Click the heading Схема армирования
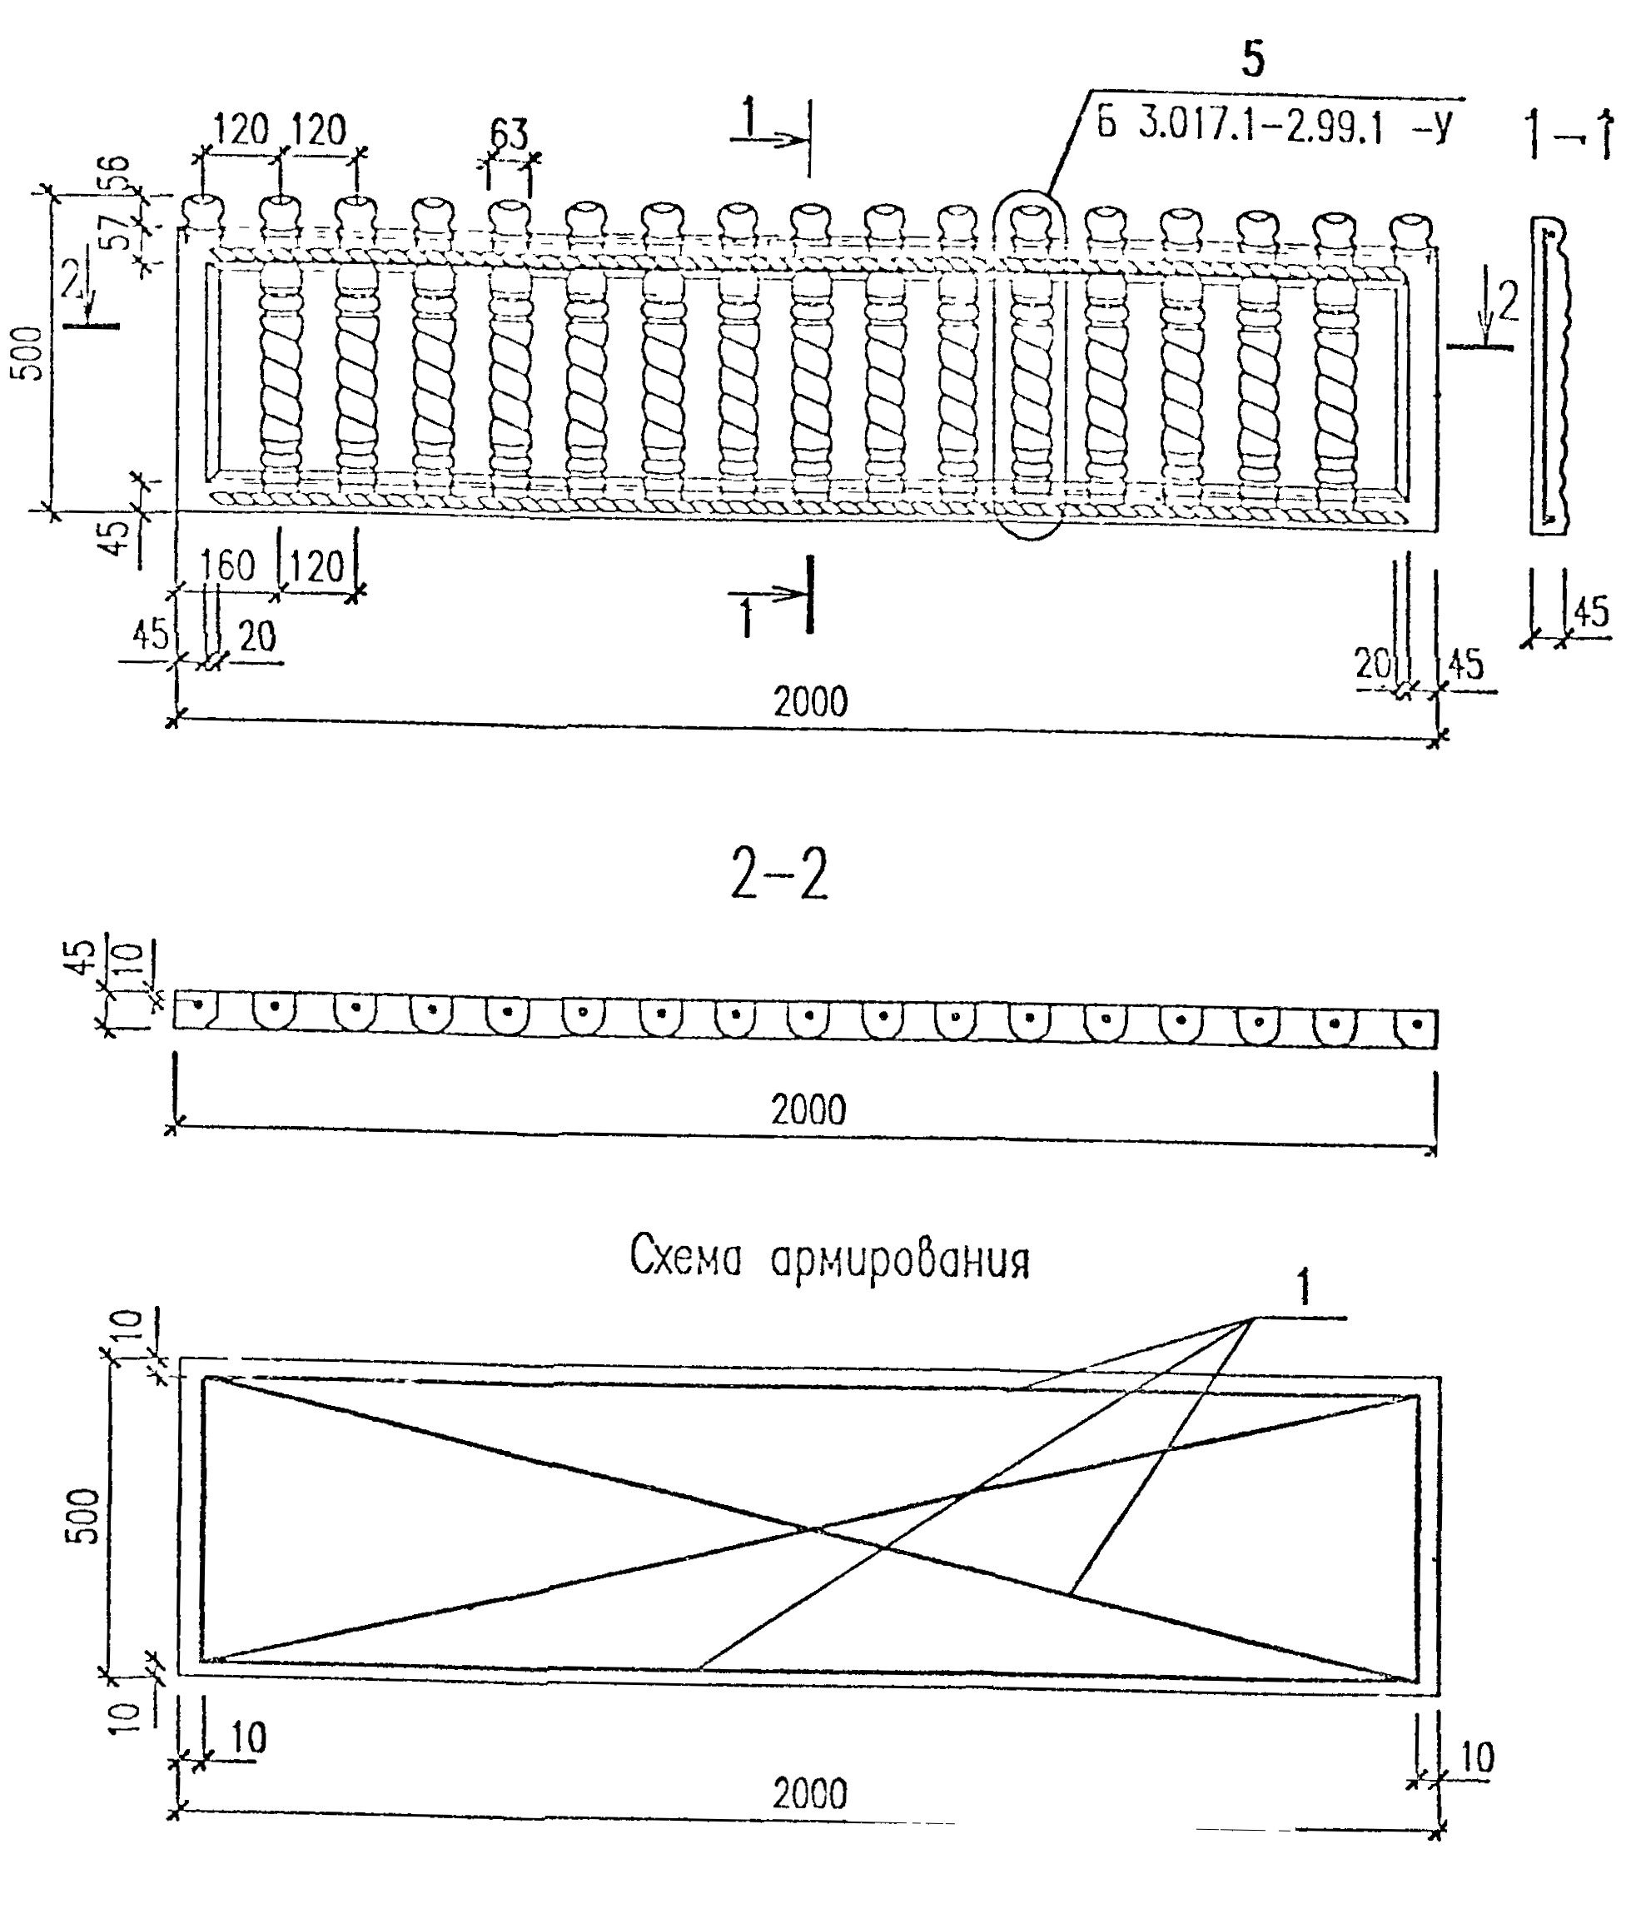(x=829, y=1259)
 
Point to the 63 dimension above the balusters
(x=508, y=135)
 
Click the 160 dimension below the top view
(x=226, y=566)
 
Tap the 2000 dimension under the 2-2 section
(x=808, y=1110)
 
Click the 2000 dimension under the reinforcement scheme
(x=809, y=1794)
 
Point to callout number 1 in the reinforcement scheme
(x=1304, y=1288)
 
